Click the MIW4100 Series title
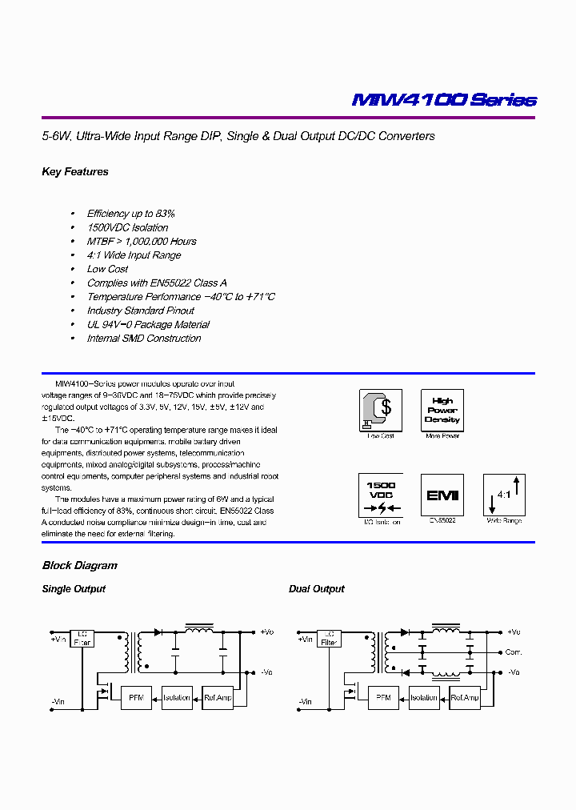(444, 100)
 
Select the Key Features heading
(74, 172)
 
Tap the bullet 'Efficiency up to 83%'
(130, 214)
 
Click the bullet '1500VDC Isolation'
(127, 227)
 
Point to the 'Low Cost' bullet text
(107, 269)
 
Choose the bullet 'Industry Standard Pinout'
(140, 311)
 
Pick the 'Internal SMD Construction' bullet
(144, 339)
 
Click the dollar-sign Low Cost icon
(380, 411)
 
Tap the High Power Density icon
(442, 411)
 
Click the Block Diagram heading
(79, 566)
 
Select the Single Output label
(74, 589)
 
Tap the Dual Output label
(317, 589)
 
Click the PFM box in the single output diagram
(135, 697)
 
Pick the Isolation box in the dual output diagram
(424, 697)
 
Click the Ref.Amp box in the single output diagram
(218, 697)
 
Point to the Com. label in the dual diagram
(514, 652)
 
